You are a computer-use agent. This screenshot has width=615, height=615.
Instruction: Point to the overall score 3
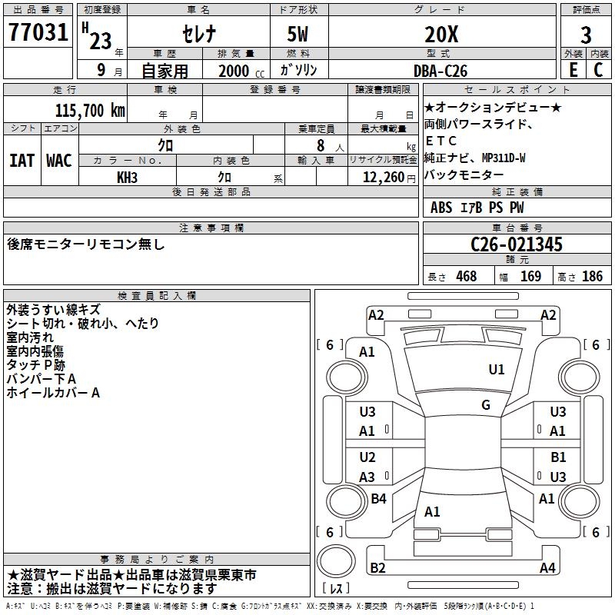[586, 35]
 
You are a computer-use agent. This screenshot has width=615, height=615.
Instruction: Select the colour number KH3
[127, 177]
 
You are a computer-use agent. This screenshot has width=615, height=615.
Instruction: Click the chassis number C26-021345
[517, 245]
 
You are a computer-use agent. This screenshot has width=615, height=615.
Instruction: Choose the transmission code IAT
[22, 161]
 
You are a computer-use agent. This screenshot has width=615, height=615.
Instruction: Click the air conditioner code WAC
[59, 161]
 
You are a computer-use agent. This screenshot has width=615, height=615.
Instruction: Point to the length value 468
[466, 277]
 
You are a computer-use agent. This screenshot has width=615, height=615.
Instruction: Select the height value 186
[592, 277]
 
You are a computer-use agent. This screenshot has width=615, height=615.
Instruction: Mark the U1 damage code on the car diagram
[497, 370]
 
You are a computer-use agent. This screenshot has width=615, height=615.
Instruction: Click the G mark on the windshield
[486, 404]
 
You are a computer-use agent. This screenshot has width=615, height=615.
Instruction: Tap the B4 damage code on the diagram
[378, 499]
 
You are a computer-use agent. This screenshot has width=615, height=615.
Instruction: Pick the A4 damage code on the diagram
[547, 568]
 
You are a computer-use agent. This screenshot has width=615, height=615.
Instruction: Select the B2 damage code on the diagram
[377, 568]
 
